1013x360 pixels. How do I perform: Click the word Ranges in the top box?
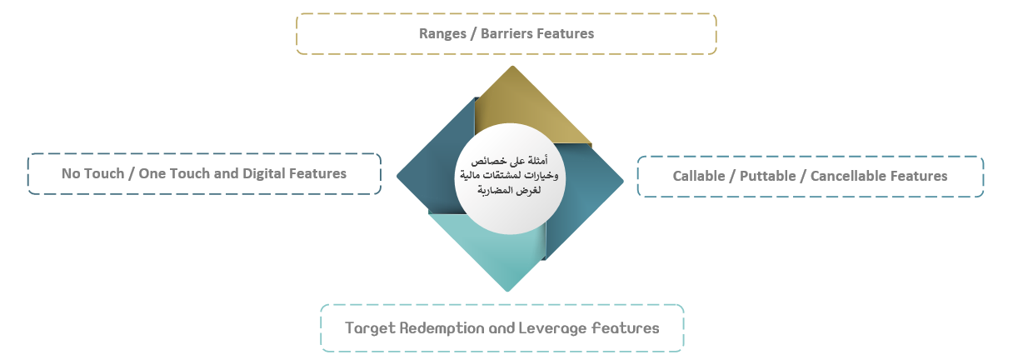[x=442, y=34]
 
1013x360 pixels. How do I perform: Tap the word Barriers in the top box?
[x=506, y=33]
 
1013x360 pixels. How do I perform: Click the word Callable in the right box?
[x=699, y=176]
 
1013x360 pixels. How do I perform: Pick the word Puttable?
[x=767, y=176]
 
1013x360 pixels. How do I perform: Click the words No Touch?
[x=92, y=173]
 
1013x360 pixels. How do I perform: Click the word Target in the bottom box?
[x=371, y=329]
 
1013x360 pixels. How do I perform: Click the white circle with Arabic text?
[x=510, y=178]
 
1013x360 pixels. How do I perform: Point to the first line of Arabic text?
[x=509, y=161]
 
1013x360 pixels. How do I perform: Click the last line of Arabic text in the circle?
[x=509, y=190]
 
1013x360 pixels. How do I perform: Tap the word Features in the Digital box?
[x=318, y=173]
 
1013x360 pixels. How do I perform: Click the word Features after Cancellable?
[x=920, y=176]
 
